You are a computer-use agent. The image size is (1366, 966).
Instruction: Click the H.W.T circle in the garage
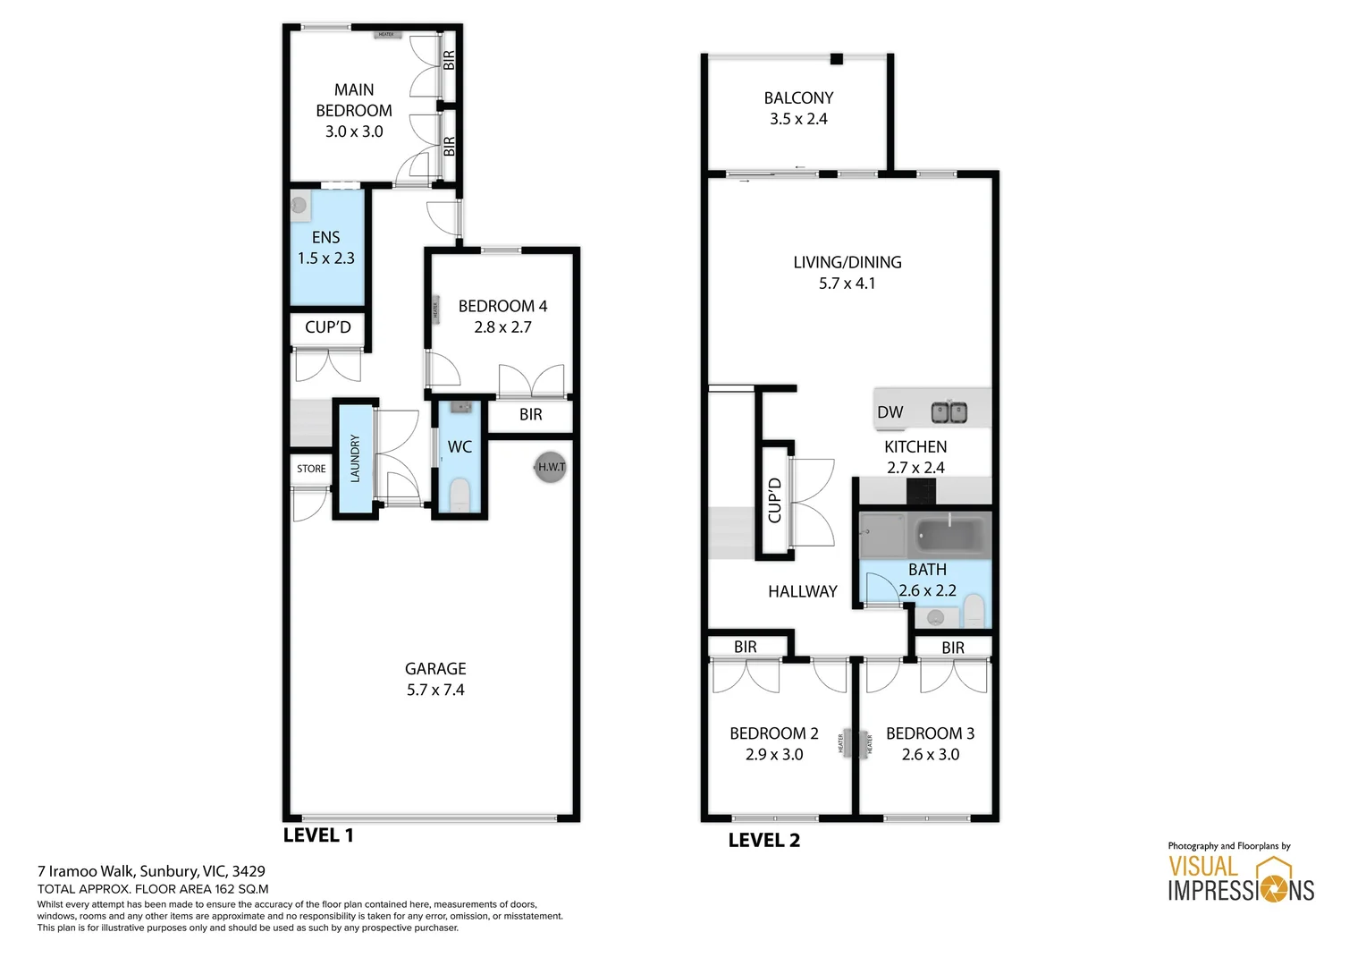[x=551, y=467]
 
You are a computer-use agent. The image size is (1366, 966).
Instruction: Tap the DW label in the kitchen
[x=890, y=412]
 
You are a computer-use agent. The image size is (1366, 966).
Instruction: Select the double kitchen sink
[x=949, y=412]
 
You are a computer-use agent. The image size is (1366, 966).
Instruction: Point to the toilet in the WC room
[x=460, y=495]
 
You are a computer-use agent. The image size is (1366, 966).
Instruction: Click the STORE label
[x=311, y=469]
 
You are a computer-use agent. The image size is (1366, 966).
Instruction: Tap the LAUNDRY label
[x=355, y=458]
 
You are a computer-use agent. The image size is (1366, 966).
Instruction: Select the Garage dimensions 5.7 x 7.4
[x=435, y=690]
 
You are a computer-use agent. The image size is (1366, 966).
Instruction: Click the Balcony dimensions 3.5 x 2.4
[x=798, y=119]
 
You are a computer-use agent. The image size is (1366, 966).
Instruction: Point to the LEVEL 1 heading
[x=318, y=835]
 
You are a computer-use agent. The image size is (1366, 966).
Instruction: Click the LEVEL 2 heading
[x=764, y=840]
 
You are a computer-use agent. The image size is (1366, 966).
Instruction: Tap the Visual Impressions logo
[x=1241, y=878]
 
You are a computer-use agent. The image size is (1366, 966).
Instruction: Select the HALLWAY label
[x=802, y=591]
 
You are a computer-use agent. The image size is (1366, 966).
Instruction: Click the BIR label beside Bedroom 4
[x=530, y=415]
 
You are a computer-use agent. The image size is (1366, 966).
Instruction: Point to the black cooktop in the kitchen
[x=921, y=491]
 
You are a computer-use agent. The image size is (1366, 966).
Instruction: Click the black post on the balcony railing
[x=836, y=59]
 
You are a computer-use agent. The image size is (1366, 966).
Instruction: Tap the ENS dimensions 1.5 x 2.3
[x=326, y=258]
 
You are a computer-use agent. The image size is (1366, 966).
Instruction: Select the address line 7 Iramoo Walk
[x=151, y=871]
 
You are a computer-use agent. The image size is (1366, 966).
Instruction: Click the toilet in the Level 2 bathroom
[x=973, y=614]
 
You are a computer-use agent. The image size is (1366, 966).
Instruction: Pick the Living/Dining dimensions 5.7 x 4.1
[x=847, y=284]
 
